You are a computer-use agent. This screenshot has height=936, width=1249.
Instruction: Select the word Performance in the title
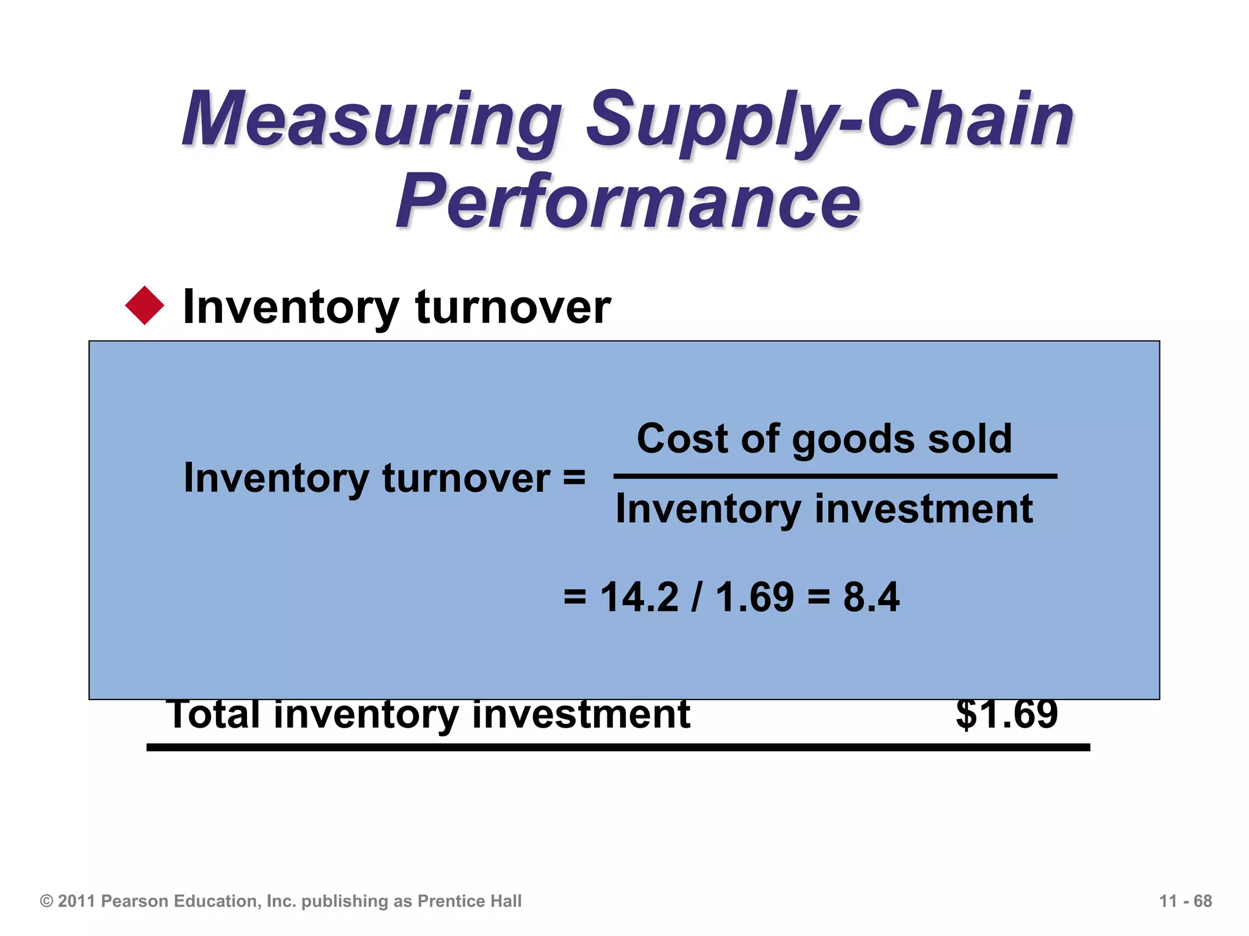point(628,201)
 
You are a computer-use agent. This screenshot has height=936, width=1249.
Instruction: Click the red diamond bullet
point(145,305)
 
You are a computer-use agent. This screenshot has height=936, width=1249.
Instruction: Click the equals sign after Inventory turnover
point(574,477)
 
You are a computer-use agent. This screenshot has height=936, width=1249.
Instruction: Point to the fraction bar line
point(836,477)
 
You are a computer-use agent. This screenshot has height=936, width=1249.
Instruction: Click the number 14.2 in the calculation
point(639,597)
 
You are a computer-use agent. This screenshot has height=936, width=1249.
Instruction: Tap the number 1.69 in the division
point(754,597)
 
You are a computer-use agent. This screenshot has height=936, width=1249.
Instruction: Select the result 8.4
point(871,597)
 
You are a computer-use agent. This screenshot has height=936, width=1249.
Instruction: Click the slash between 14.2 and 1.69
point(696,597)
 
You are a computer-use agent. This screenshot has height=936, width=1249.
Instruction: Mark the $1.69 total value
point(1006,714)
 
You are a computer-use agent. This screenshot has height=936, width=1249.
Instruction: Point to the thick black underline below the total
point(618,747)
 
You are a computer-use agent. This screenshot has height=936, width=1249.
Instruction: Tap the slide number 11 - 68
point(1185,901)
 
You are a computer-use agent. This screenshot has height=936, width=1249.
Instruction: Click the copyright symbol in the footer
point(46,901)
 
